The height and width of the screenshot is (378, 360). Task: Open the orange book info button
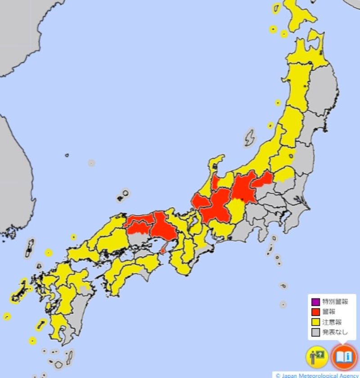[344, 357]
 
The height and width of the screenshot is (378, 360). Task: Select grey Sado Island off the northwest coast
[249, 137]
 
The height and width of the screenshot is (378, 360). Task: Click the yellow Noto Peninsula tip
[219, 160]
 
